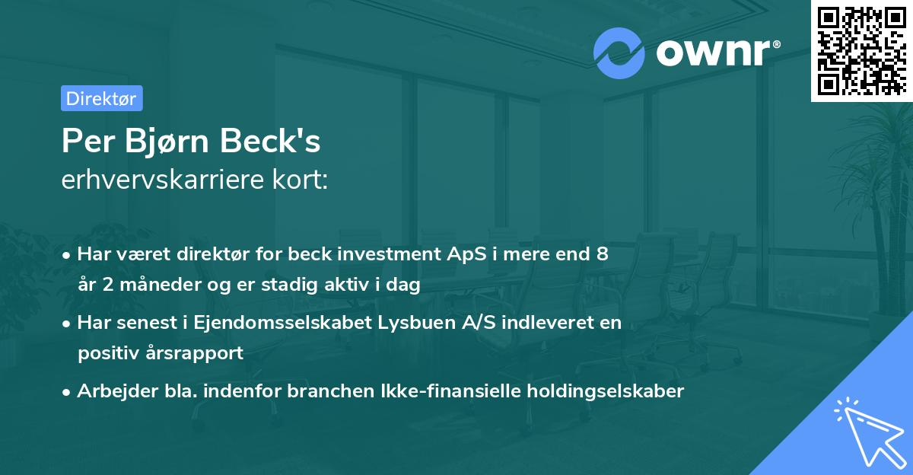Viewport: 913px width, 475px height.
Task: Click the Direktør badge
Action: coord(101,98)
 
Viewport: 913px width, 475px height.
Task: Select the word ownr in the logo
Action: coord(714,52)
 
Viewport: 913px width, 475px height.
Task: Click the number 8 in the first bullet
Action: coord(602,254)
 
